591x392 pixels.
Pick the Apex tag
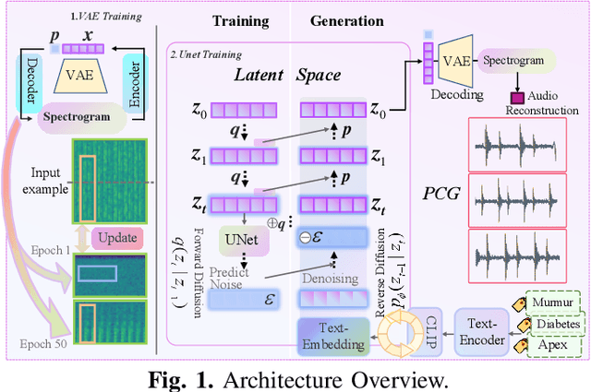pyautogui.click(x=554, y=348)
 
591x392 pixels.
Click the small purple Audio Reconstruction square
pyautogui.click(x=517, y=98)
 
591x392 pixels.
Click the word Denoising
pyautogui.click(x=330, y=278)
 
